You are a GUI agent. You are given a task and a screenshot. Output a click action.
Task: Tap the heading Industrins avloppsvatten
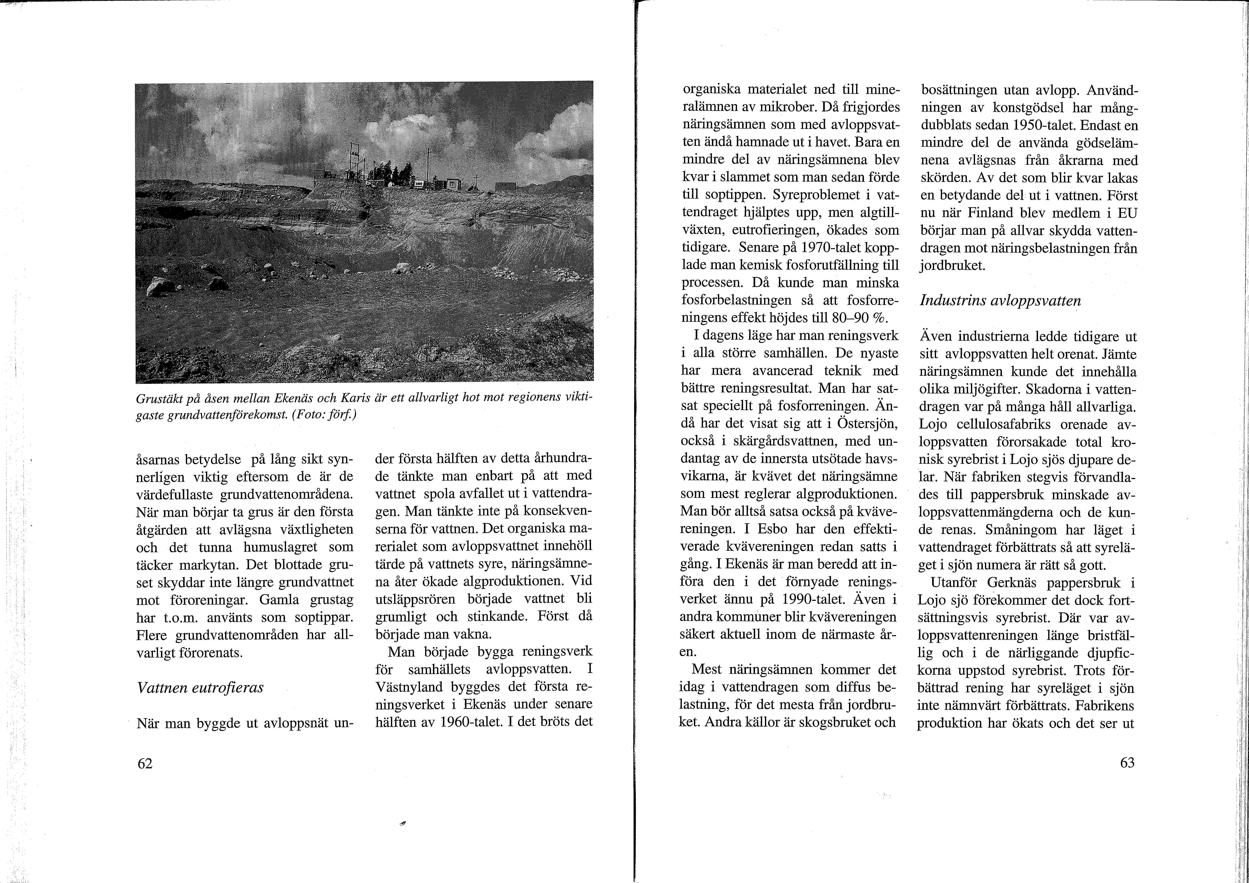tap(1000, 300)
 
